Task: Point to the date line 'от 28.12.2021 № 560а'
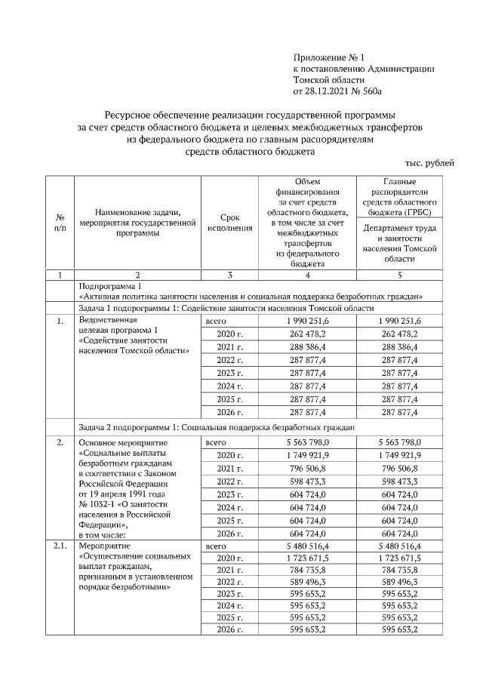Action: pos(338,91)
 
